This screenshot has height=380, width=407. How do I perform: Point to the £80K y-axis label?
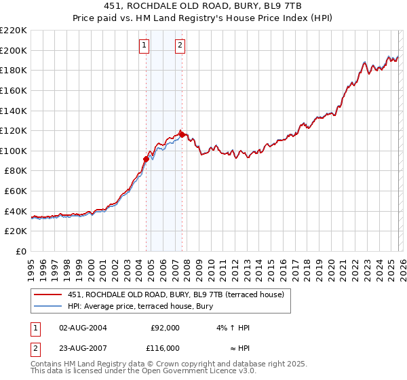point(15,171)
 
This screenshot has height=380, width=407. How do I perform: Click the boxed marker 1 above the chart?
point(144,45)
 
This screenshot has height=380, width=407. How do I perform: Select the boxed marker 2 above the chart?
point(180,45)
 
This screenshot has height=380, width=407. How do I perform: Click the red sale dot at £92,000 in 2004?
point(146,159)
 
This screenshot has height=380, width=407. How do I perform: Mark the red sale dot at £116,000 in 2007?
point(182,134)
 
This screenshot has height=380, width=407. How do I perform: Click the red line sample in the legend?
point(48,294)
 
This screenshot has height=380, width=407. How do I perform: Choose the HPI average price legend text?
point(140,307)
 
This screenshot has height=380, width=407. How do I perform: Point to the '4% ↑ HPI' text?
point(233,328)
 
